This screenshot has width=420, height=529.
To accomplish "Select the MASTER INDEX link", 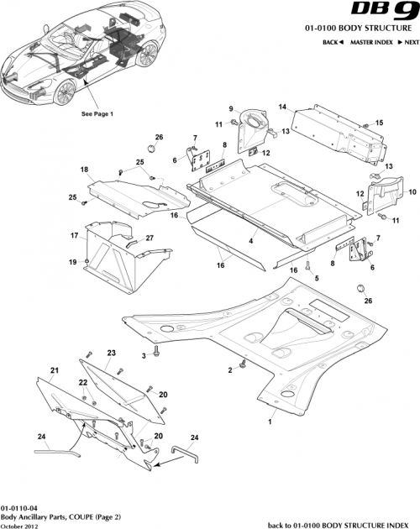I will click(372, 41).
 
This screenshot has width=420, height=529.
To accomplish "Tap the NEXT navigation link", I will click(407, 41).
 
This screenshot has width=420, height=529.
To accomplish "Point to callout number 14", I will click(283, 107).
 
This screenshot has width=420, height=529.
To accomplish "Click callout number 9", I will click(228, 109).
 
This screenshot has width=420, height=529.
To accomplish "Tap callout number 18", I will click(84, 170).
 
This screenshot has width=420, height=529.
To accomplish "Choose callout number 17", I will click(73, 238).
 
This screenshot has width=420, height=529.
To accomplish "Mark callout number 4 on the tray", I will click(249, 241).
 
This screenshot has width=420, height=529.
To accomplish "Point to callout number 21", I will click(54, 369).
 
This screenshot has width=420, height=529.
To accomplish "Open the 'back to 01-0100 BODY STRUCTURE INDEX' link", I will click(340, 524).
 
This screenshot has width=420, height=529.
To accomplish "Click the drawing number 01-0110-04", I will click(19, 509).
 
